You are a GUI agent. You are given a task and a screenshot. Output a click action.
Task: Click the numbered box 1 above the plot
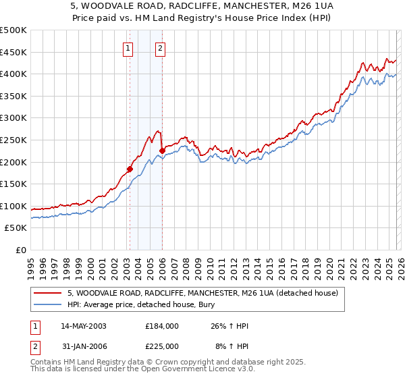[128, 48]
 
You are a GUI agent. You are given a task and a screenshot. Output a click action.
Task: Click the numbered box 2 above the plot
[161, 48]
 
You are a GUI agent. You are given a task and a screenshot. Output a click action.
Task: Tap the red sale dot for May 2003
[130, 169]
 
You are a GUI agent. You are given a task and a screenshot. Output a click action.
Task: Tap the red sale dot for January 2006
[162, 151]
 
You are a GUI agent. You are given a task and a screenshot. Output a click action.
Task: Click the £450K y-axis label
[13, 52]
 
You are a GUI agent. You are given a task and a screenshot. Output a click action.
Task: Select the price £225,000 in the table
[161, 346]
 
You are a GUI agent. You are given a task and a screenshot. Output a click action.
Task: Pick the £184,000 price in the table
[161, 325]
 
